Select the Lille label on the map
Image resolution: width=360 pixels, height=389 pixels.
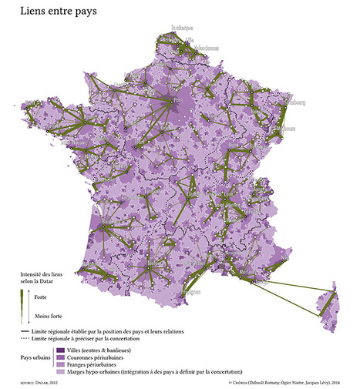(190, 39)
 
